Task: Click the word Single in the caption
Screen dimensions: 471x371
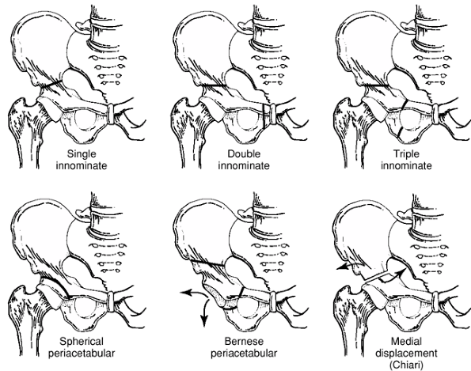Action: click(x=82, y=154)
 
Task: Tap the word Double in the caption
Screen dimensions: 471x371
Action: click(x=244, y=154)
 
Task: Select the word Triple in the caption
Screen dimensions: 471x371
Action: click(x=406, y=154)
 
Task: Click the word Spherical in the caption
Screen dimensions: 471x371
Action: click(x=82, y=342)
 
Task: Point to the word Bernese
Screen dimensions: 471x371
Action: click(x=244, y=341)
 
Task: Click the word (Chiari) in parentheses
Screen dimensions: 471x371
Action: click(x=406, y=365)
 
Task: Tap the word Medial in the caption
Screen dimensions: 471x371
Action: click(x=406, y=341)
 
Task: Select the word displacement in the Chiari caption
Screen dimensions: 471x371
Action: click(x=406, y=354)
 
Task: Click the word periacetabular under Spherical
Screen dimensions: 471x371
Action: click(x=82, y=354)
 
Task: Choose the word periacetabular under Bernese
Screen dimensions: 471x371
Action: click(x=244, y=354)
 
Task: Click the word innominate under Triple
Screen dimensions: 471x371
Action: click(x=406, y=165)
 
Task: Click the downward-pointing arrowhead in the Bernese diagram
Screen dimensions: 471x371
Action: click(x=204, y=322)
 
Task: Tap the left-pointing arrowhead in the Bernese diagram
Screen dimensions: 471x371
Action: click(x=186, y=293)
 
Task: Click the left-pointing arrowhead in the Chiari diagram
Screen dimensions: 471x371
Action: click(x=340, y=267)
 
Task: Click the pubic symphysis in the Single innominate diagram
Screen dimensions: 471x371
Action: click(x=110, y=114)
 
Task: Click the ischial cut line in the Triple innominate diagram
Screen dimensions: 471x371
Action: click(x=400, y=133)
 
